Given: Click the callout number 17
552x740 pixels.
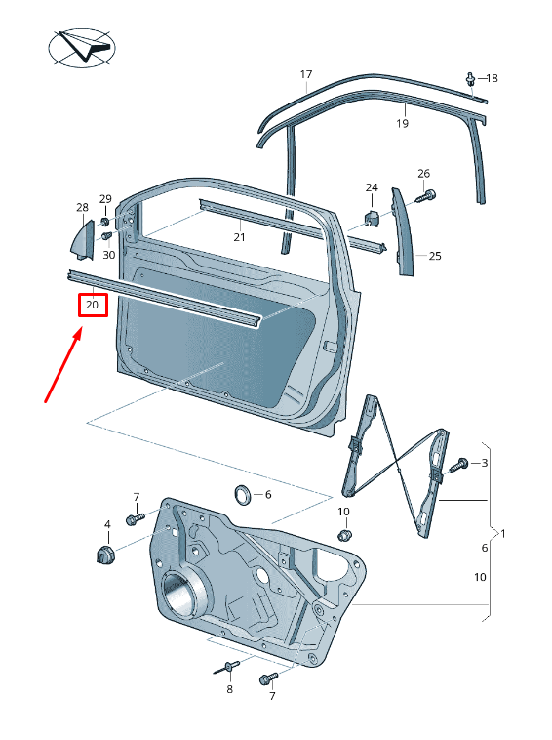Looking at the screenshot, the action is tap(306, 74).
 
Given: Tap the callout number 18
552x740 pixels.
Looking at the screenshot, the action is tap(492, 78).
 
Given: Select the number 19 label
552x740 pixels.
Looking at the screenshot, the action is tap(402, 124).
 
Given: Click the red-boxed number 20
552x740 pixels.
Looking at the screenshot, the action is tap(92, 305).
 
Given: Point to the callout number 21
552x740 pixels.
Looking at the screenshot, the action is tap(240, 237).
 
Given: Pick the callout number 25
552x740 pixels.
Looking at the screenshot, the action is tap(435, 256).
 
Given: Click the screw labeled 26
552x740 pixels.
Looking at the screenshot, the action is tap(426, 196).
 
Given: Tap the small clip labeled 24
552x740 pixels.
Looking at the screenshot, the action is tap(373, 218).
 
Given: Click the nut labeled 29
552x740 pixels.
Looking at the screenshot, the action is tap(105, 222).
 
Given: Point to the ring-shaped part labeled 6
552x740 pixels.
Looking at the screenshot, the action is tap(243, 495).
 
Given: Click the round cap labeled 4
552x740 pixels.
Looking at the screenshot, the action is tap(105, 555).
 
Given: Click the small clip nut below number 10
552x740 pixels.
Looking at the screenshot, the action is tap(344, 536).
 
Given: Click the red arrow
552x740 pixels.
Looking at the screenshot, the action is tap(63, 367).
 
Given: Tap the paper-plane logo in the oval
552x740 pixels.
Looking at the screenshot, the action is tap(82, 47).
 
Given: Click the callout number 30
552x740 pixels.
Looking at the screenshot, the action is tap(109, 256).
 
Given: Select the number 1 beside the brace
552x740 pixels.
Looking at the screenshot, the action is tap(503, 534).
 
